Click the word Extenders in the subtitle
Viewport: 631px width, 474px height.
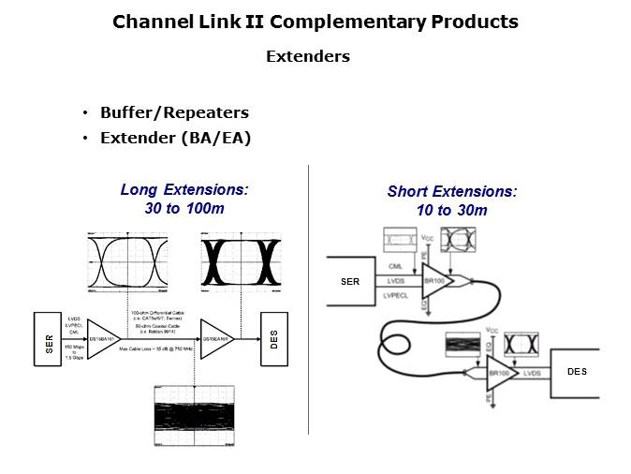[x=307, y=56]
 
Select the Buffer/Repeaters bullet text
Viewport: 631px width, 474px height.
[x=174, y=113]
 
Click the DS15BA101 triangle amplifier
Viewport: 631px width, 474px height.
[x=101, y=338]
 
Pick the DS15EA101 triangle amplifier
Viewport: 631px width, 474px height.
[x=214, y=338]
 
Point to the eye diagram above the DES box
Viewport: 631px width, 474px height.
[x=240, y=262]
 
